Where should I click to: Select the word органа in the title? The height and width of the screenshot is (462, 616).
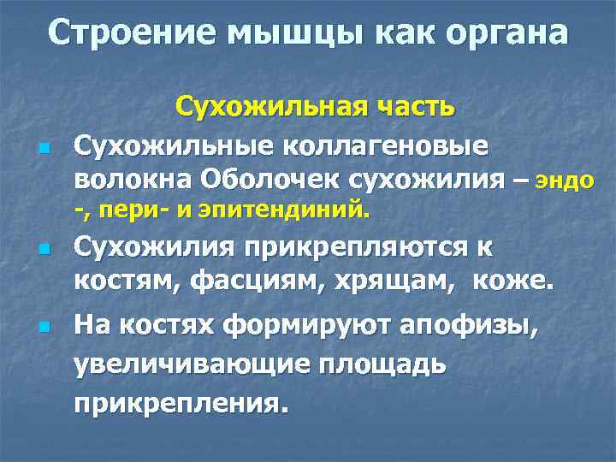502,33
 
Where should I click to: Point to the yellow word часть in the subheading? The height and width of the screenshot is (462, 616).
411,109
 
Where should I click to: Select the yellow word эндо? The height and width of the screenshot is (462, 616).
565,181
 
